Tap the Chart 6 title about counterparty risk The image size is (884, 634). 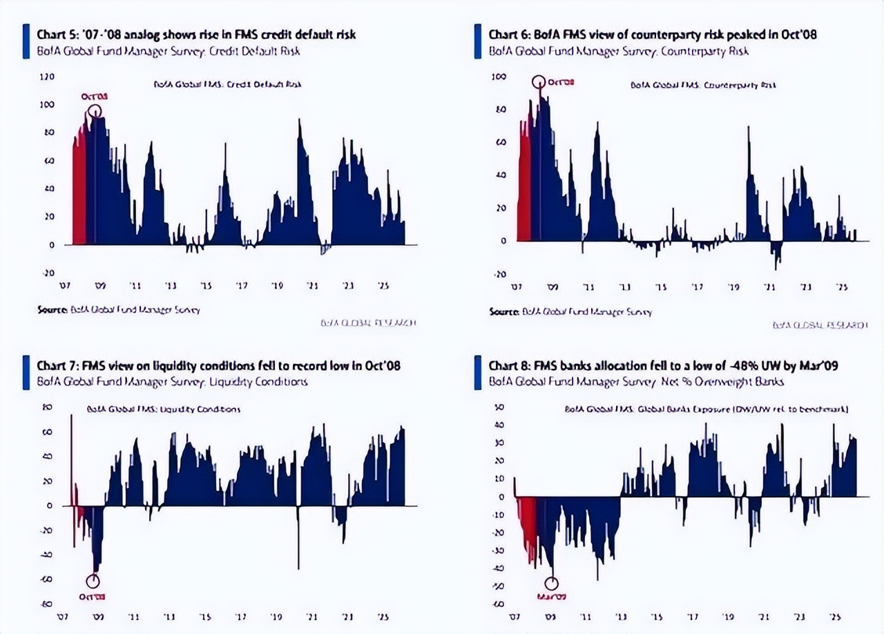[652, 35]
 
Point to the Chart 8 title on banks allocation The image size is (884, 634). [663, 365]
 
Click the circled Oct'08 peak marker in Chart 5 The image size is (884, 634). [95, 111]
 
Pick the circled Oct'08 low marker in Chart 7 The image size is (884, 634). [93, 582]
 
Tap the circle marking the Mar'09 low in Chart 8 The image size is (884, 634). [551, 583]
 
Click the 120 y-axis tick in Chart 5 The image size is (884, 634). [47, 77]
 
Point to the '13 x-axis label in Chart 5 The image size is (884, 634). [170, 285]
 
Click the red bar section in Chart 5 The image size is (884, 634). [79, 186]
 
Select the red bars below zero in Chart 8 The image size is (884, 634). [529, 528]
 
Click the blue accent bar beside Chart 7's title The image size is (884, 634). [26, 372]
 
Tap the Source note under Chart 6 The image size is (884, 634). [570, 311]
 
